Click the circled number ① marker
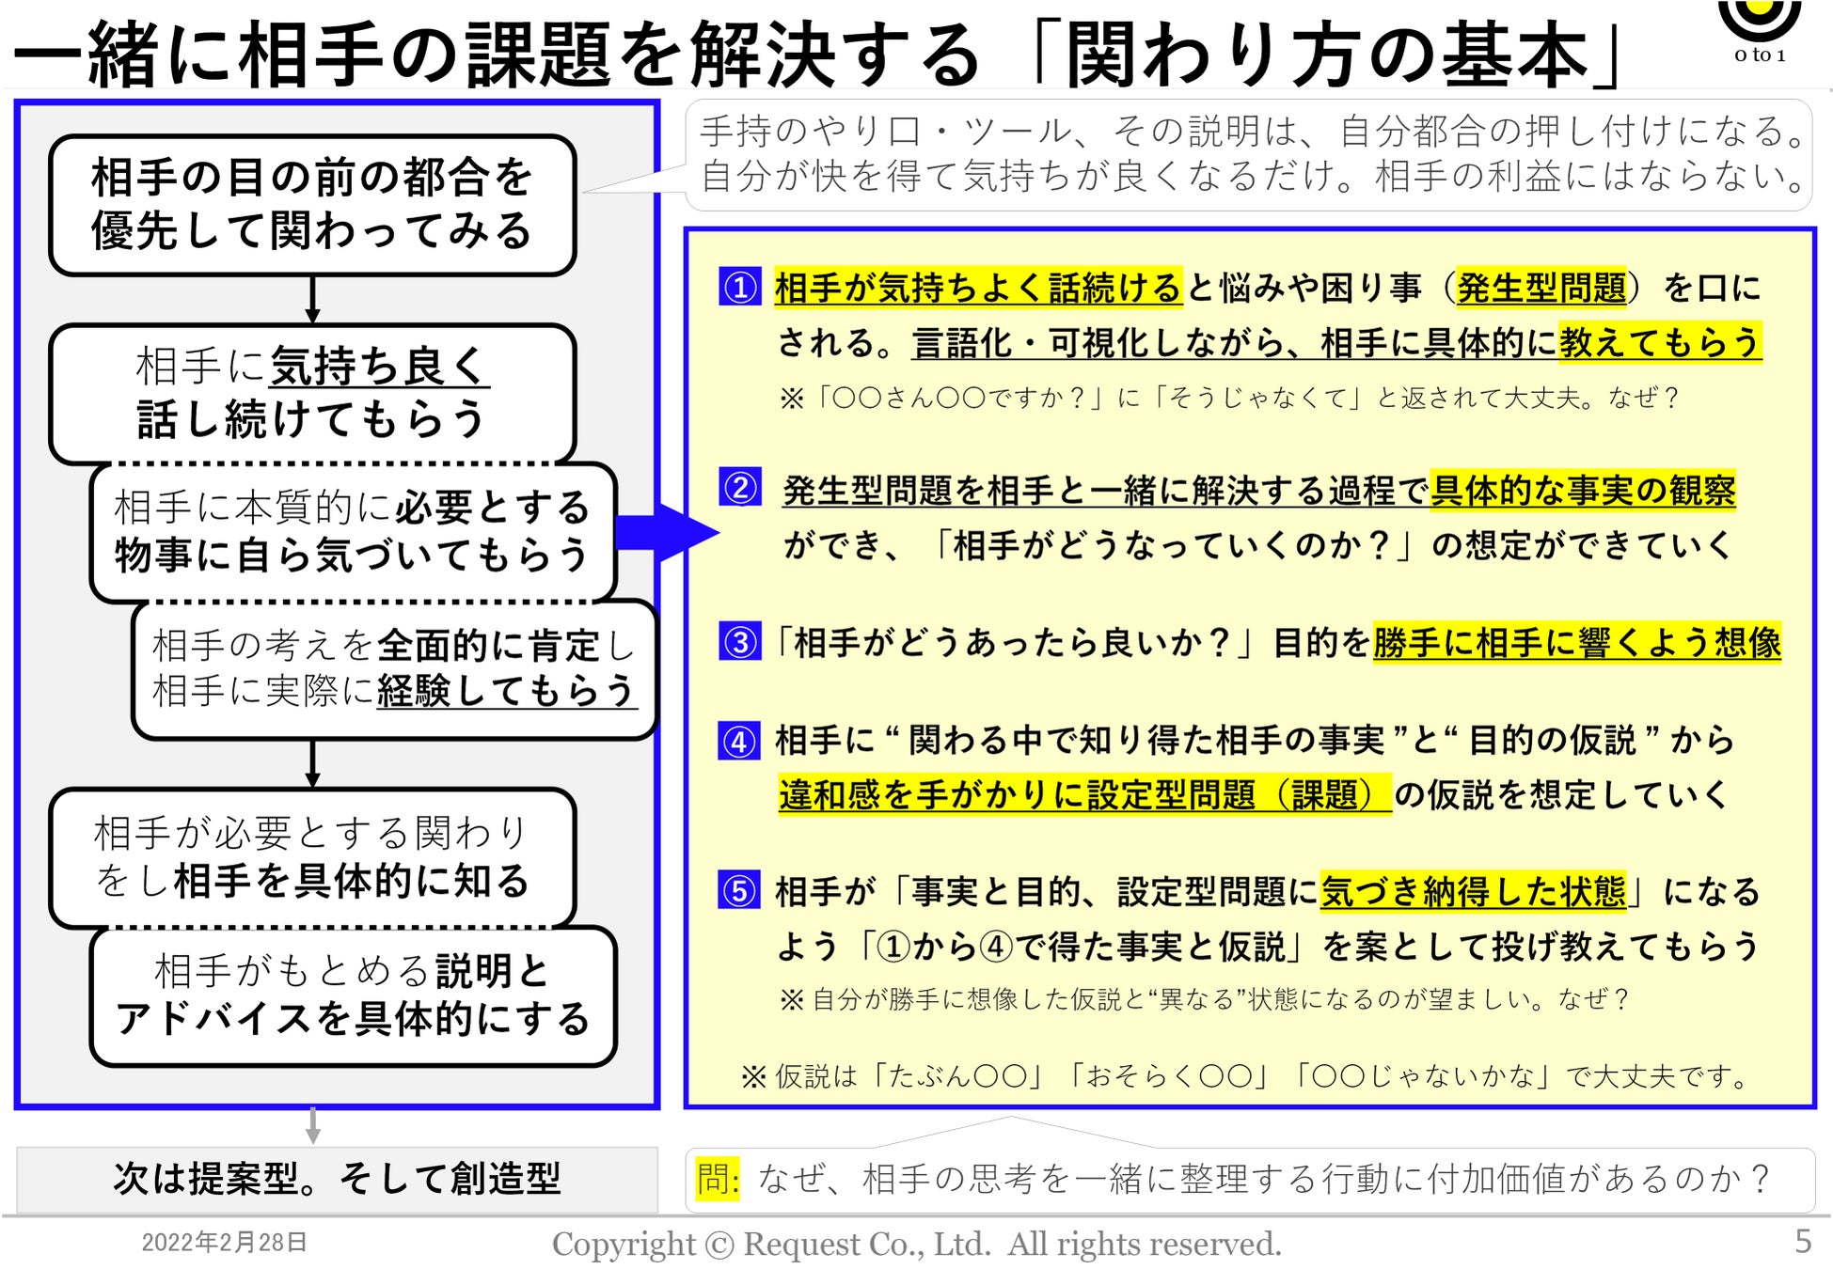pyautogui.click(x=740, y=287)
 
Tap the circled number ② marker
pyautogui.click(x=740, y=488)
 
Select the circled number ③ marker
pyautogui.click(x=740, y=642)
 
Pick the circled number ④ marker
pyautogui.click(x=740, y=741)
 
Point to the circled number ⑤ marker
pyautogui.click(x=740, y=889)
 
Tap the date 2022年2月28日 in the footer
pyautogui.click(x=224, y=1242)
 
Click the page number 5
pyautogui.click(x=1802, y=1241)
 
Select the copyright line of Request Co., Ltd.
pyautogui.click(x=916, y=1244)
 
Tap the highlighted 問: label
pyautogui.click(x=718, y=1178)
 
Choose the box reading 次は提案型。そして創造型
pyautogui.click(x=337, y=1179)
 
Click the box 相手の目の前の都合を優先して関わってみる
pyautogui.click(x=312, y=205)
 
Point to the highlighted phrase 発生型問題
pyautogui.click(x=1541, y=288)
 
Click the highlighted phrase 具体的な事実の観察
pyautogui.click(x=1582, y=491)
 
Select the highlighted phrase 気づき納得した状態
pyautogui.click(x=1473, y=891)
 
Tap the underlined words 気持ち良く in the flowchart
pyautogui.click(x=378, y=366)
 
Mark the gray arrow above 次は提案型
pyautogui.click(x=313, y=1125)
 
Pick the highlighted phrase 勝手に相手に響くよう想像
pyautogui.click(x=1576, y=643)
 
